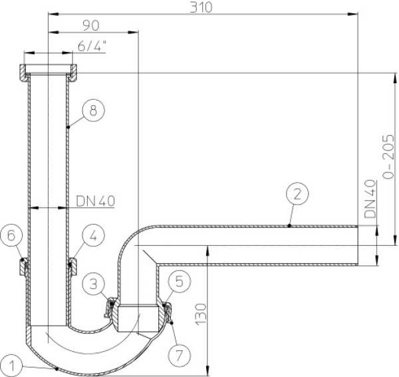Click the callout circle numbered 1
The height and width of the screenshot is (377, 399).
(x=12, y=366)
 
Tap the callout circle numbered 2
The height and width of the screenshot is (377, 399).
(x=297, y=194)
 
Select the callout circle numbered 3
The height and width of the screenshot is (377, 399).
(x=94, y=283)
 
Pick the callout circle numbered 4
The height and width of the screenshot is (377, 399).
(x=93, y=235)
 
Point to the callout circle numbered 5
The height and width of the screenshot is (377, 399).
(x=180, y=281)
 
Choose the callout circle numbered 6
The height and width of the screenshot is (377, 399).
(x=11, y=236)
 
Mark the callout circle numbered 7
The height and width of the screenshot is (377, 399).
(x=179, y=354)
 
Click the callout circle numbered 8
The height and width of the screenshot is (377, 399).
(x=93, y=111)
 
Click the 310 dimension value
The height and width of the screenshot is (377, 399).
(x=201, y=7)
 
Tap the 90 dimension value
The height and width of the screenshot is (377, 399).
(x=91, y=25)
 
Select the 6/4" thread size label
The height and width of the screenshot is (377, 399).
(x=92, y=47)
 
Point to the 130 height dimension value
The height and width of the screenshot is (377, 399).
(x=201, y=314)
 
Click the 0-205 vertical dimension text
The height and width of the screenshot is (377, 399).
(x=388, y=157)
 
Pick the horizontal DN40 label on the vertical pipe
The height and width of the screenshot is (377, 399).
(x=95, y=201)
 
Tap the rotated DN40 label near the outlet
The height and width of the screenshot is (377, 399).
(x=370, y=198)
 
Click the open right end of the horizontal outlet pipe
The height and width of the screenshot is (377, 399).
(x=358, y=246)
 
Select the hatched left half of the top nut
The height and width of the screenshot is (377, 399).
(x=23, y=73)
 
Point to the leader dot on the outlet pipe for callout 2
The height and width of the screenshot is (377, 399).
(x=289, y=226)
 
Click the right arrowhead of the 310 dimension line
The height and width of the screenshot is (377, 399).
(x=354, y=14)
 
